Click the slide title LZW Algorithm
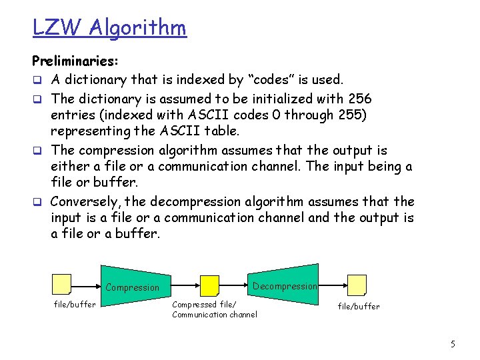pos(109,27)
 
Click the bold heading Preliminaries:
pos(75,62)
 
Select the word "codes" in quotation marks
pos(273,80)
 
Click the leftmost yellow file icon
pos(62,285)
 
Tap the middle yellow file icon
pos(210,286)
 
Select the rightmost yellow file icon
pos(357,285)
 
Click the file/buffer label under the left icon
pos(75,305)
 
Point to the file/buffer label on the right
pos(359,307)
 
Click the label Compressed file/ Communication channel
pos(214,309)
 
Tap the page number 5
pos(453,344)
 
